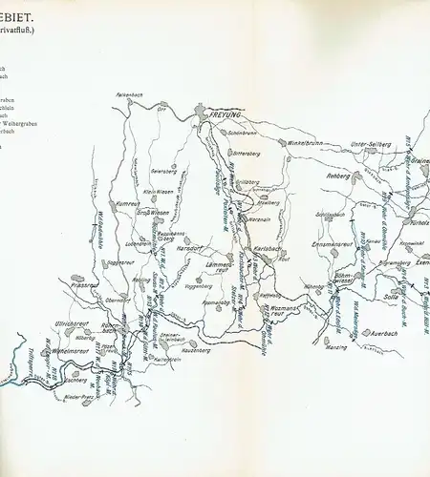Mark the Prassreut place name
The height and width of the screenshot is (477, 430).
click(x=84, y=283)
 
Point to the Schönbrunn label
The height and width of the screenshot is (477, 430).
click(x=246, y=135)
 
